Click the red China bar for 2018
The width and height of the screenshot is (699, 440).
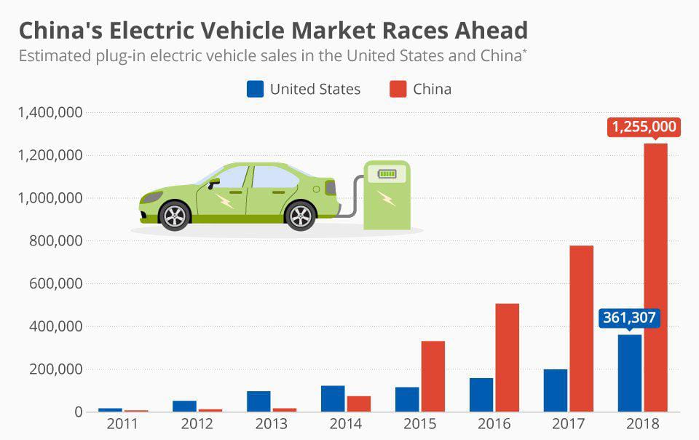[x=655, y=277]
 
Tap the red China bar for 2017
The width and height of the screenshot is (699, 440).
[x=581, y=329]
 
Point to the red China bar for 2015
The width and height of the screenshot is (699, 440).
[x=433, y=376]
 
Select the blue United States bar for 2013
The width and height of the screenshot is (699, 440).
[x=258, y=401]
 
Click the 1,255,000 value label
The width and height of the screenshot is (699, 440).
[x=644, y=127]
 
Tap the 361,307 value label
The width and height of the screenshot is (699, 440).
[x=629, y=318]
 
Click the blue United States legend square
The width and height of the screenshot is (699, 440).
[x=255, y=89]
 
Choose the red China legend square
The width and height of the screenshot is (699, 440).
[x=398, y=89]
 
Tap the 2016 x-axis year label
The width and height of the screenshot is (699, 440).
[x=494, y=424]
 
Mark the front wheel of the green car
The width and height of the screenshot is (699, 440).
[x=175, y=216]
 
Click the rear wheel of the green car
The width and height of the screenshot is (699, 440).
[x=300, y=216]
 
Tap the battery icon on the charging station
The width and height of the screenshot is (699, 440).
[x=386, y=174]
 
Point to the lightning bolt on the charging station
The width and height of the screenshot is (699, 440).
[x=387, y=197]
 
